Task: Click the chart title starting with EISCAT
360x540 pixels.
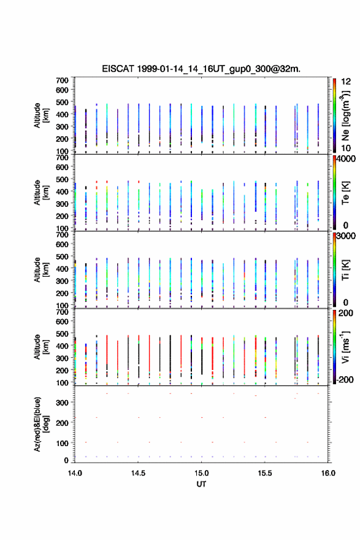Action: coord(201,69)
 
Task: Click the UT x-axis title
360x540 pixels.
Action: coord(201,484)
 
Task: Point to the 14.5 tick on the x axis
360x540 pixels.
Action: coord(138,473)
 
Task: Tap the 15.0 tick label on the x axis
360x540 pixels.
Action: coord(201,473)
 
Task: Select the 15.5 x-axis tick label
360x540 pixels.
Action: coord(265,473)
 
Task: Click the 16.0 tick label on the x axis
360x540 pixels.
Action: coord(328,473)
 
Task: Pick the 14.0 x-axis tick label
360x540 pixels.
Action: coord(75,473)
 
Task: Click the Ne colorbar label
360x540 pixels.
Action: coord(345,116)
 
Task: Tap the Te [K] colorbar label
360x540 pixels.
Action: coord(345,193)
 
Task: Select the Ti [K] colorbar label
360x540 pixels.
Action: coord(345,270)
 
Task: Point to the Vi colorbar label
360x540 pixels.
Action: coord(345,347)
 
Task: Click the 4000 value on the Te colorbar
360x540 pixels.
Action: coord(346,159)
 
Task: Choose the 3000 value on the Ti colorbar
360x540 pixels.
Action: coord(346,236)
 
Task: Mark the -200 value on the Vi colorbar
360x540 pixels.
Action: coord(345,379)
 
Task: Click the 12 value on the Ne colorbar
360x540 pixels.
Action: coord(346,82)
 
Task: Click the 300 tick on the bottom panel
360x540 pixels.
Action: coord(61,403)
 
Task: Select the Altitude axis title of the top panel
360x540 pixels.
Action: coord(40,115)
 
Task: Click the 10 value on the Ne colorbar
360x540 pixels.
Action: coord(346,148)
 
